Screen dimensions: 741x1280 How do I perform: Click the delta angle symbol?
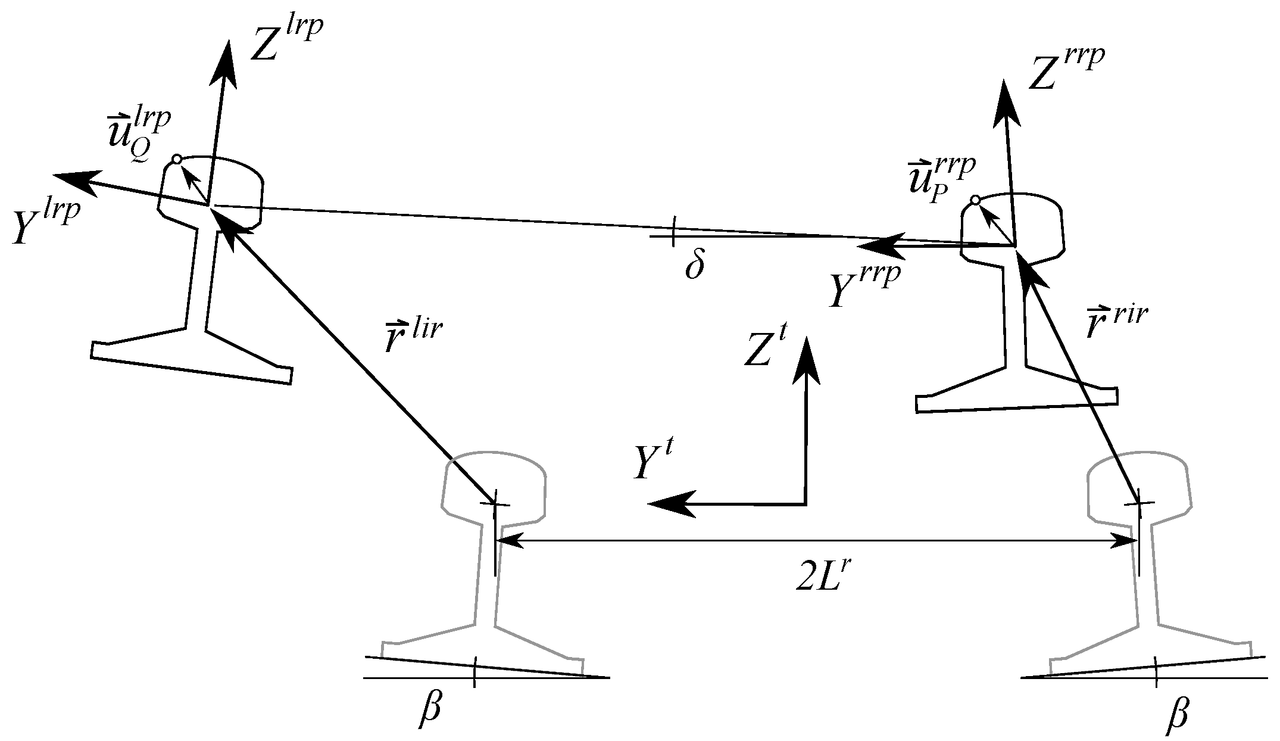click(695, 266)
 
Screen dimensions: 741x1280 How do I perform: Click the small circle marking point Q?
click(176, 159)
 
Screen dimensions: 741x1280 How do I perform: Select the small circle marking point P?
click(975, 200)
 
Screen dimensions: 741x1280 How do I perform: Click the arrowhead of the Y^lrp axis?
click(74, 179)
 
